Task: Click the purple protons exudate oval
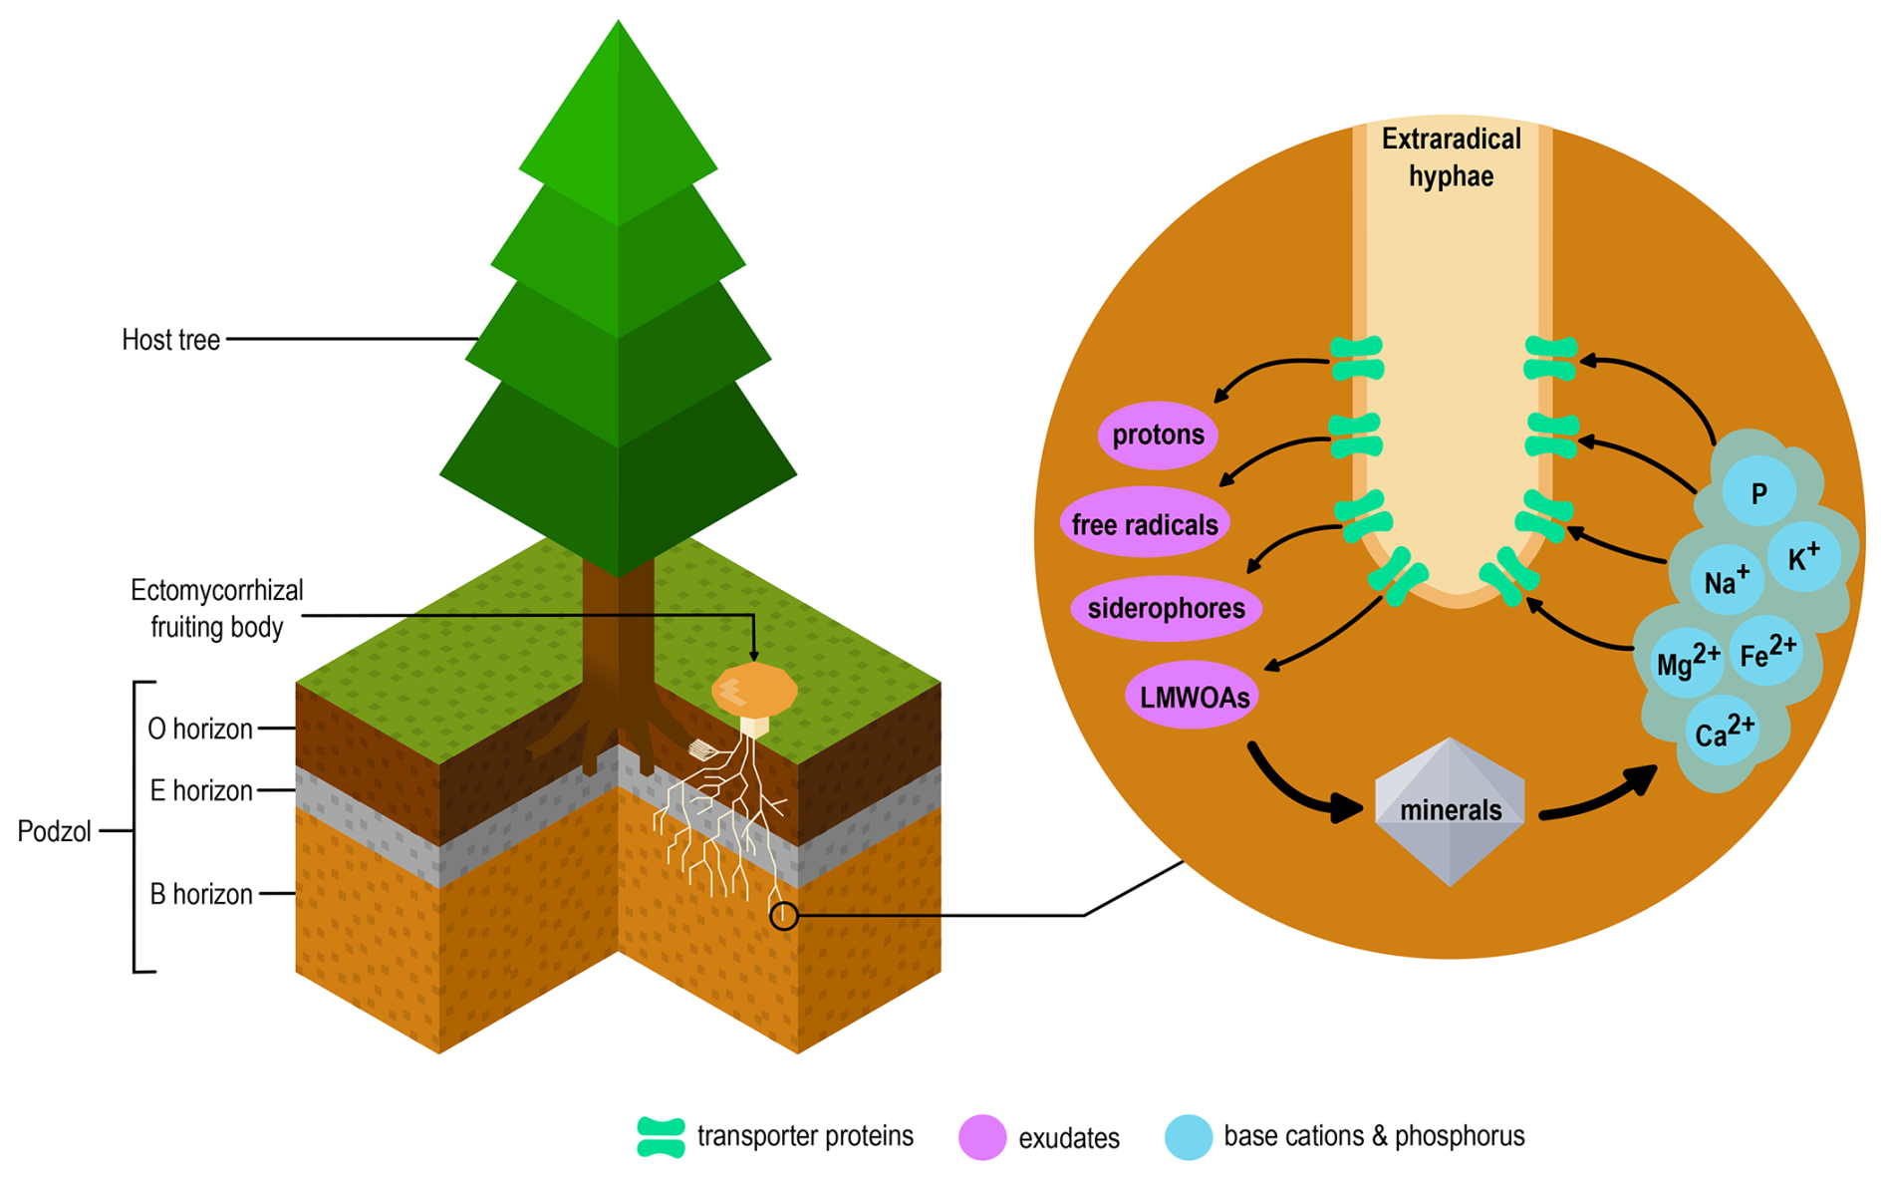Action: click(x=1158, y=435)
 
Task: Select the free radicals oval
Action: click(x=1145, y=523)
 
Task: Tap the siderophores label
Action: click(x=1166, y=608)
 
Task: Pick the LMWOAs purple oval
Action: click(x=1193, y=696)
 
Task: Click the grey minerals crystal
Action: click(x=1450, y=811)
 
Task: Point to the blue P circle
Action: click(x=1759, y=492)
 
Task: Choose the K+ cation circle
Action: click(x=1803, y=558)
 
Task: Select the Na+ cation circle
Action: click(x=1727, y=581)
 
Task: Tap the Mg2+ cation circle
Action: click(x=1687, y=662)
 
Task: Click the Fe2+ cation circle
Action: click(x=1767, y=653)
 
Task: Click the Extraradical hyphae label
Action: click(x=1451, y=157)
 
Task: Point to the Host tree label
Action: click(x=170, y=340)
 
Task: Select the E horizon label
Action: click(x=201, y=791)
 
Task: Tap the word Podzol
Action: click(x=54, y=831)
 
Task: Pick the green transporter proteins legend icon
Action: click(x=661, y=1137)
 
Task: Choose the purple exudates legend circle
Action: click(x=981, y=1137)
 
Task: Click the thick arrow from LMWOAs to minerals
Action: click(x=1300, y=787)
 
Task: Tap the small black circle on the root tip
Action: click(x=784, y=916)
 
